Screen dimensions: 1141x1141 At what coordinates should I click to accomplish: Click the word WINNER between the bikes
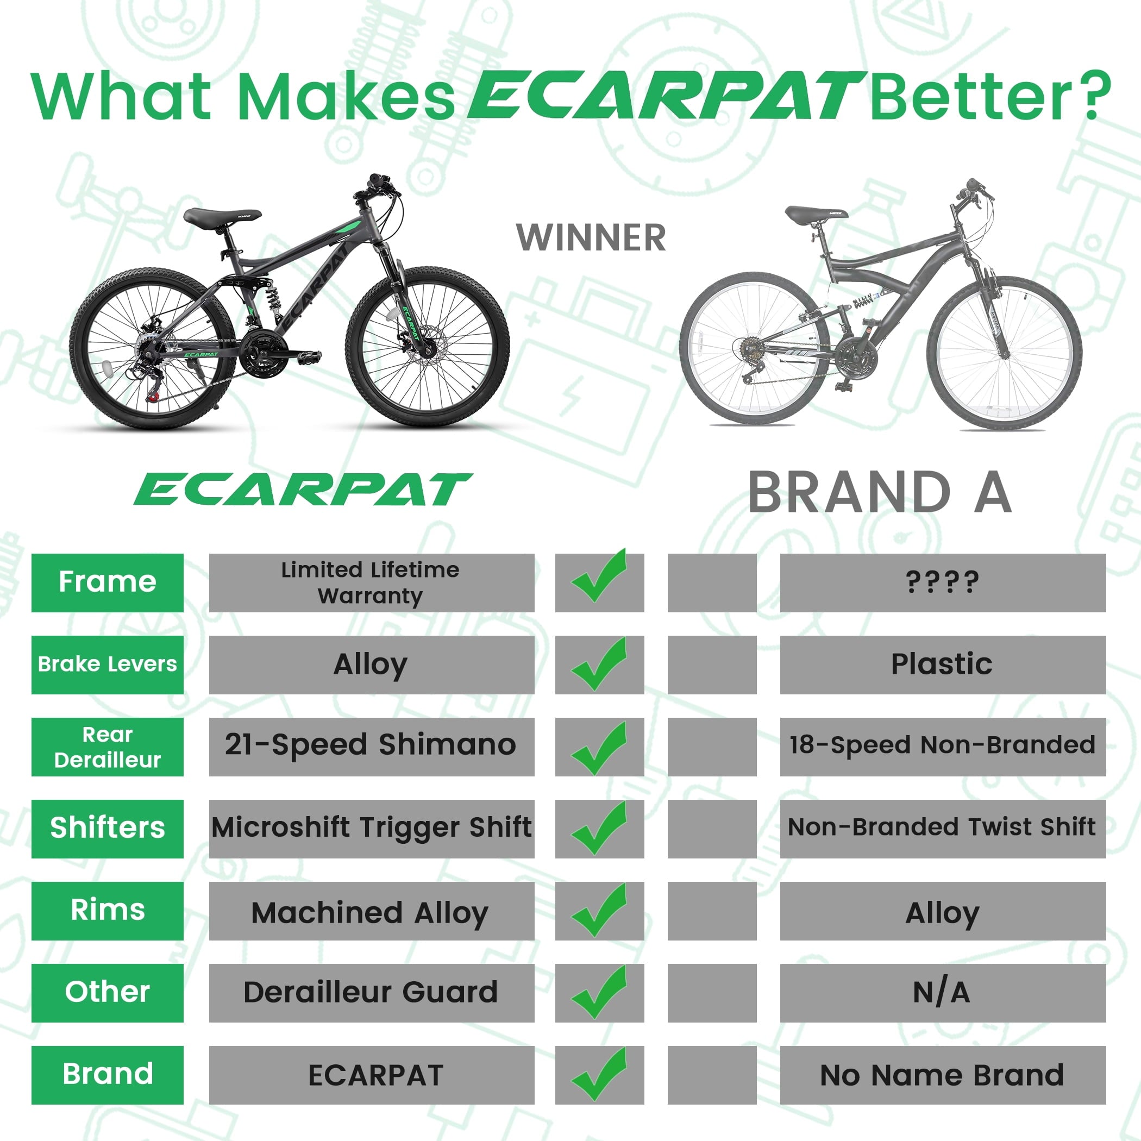(591, 238)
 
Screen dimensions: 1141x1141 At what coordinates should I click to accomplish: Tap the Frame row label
(108, 582)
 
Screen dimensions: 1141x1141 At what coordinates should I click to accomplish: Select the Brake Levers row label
(108, 664)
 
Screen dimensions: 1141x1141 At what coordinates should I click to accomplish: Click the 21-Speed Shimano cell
(372, 747)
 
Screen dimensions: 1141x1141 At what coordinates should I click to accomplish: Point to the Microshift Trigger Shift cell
(372, 829)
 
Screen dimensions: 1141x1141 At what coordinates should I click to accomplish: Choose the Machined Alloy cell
(372, 911)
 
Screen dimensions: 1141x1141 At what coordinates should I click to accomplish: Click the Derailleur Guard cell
(372, 993)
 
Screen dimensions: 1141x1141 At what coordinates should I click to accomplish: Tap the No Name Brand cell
(943, 1075)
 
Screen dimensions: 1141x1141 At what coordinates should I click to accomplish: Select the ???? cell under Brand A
(943, 582)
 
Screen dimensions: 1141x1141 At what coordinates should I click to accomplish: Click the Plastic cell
(943, 664)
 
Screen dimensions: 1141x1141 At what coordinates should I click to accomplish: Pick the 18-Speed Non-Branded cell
(943, 747)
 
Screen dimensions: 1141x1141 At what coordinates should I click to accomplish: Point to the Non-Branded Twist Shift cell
(943, 829)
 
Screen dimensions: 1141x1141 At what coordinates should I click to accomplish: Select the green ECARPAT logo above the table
(303, 490)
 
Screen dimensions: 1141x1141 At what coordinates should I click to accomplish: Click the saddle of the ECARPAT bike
(222, 217)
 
